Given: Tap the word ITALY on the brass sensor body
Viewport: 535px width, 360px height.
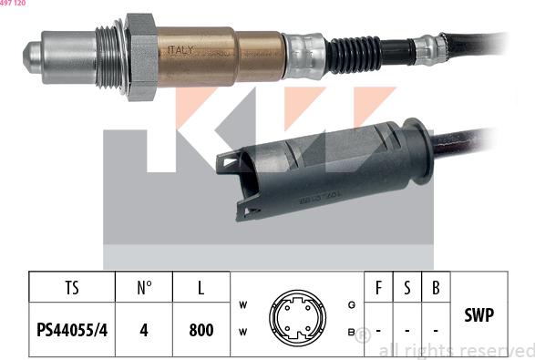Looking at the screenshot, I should [x=180, y=51].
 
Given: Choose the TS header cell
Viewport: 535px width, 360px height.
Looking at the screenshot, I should [x=72, y=289].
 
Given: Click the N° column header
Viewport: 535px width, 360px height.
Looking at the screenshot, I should [x=144, y=289].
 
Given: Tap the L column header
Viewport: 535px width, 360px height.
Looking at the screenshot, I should [x=201, y=289].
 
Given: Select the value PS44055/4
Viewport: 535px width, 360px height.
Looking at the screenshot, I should [x=72, y=329].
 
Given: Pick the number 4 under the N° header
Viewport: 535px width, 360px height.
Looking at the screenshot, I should [x=144, y=329].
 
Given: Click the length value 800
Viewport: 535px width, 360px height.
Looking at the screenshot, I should [x=201, y=329].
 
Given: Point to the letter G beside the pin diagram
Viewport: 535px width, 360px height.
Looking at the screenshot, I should [x=352, y=303].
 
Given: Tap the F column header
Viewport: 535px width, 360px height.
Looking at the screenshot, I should [x=378, y=289].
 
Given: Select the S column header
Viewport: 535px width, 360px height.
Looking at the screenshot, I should [x=407, y=289].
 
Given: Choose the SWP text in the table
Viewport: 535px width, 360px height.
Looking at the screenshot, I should [x=479, y=315].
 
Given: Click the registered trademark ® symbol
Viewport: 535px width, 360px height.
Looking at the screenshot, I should [x=363, y=334].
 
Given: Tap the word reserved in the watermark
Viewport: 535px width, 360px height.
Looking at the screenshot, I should [x=498, y=350].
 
